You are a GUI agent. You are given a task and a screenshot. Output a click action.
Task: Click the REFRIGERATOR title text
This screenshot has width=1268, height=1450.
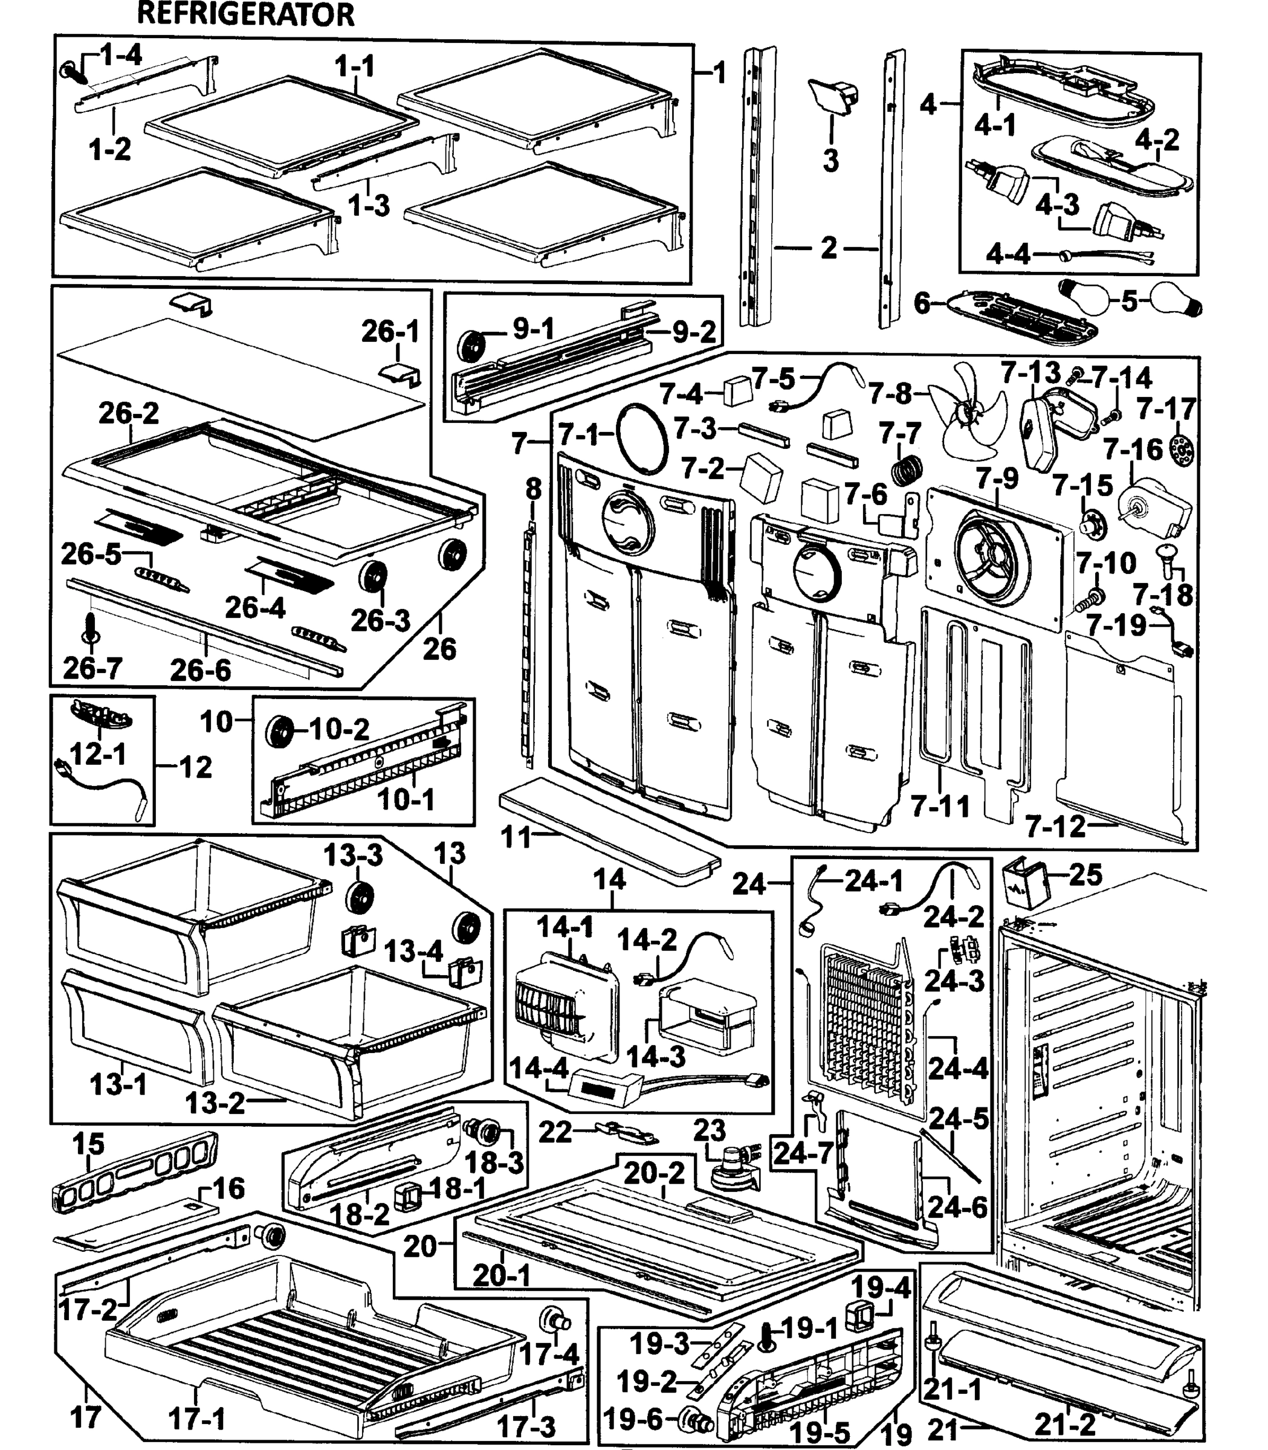245,14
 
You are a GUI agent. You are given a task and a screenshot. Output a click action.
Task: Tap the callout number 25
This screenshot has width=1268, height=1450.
1085,875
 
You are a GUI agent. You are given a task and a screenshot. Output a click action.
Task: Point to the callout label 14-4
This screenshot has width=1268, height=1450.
539,1068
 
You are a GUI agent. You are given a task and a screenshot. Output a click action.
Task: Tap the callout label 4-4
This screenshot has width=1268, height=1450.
1008,253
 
